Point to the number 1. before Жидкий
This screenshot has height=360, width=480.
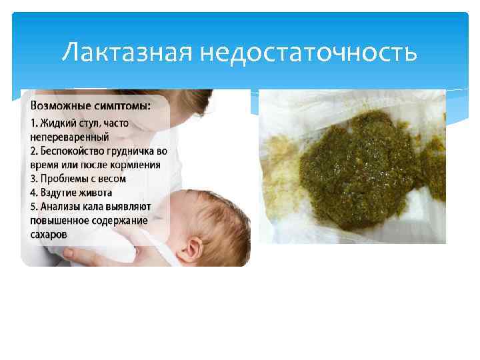pos(33,123)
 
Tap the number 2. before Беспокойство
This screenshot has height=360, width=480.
pos(33,151)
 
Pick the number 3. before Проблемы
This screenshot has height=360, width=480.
pos(33,179)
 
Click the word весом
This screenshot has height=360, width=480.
pos(111,179)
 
